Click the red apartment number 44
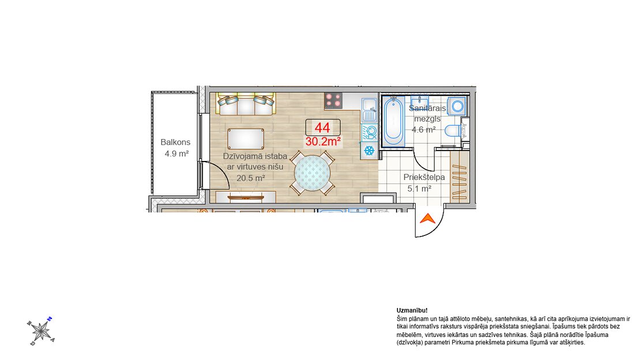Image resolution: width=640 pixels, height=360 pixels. pyautogui.click(x=322, y=127)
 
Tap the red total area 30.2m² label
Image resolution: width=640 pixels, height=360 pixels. pyautogui.click(x=323, y=141)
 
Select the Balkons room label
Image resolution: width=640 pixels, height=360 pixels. pyautogui.click(x=175, y=142)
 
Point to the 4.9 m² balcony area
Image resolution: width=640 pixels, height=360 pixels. pyautogui.click(x=176, y=153)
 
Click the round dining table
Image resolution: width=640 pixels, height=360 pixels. pyautogui.click(x=313, y=173)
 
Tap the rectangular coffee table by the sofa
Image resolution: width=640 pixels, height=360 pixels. pyautogui.click(x=246, y=139)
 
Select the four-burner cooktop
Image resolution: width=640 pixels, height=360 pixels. pyautogui.click(x=333, y=101)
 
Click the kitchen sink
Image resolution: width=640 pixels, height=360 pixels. pyautogui.click(x=370, y=110)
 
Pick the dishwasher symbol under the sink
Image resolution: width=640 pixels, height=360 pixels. pyautogui.click(x=370, y=132)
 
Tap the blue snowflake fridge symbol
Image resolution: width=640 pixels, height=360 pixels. pyautogui.click(x=370, y=151)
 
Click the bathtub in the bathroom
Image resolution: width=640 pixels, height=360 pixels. pyautogui.click(x=393, y=121)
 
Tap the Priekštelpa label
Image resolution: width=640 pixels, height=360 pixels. pyautogui.click(x=424, y=177)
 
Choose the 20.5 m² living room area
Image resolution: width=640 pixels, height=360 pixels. pyautogui.click(x=251, y=178)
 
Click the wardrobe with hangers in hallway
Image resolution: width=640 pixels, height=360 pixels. pyautogui.click(x=459, y=177)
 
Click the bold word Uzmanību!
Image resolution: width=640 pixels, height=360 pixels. pyautogui.click(x=412, y=310)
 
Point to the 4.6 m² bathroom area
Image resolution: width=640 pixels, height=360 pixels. pyautogui.click(x=424, y=130)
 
